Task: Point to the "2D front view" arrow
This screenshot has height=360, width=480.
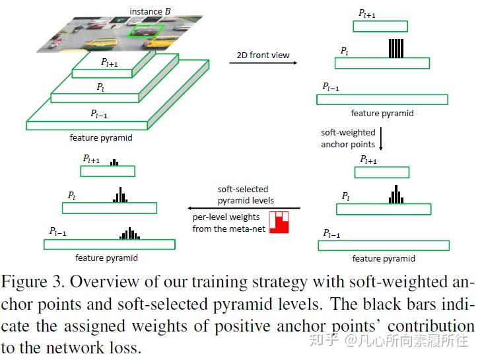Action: [262, 63]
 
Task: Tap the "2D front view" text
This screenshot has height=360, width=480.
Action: [262, 55]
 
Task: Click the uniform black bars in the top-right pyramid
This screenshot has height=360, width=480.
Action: [395, 49]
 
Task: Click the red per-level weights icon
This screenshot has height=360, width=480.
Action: [279, 222]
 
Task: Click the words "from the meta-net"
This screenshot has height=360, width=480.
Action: [227, 229]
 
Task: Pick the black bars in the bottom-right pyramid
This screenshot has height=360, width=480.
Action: [395, 195]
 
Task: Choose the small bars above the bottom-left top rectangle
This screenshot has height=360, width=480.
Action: [115, 162]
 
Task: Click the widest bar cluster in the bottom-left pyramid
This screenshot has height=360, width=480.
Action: [129, 233]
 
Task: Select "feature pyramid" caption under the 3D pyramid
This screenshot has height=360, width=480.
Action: [101, 137]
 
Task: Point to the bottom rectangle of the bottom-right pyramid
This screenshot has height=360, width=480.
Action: [384, 246]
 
